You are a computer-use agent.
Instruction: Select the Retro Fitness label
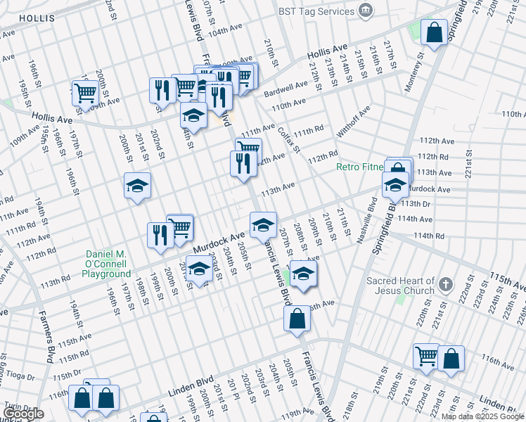point(359,167)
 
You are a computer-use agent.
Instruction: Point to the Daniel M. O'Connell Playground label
point(108,264)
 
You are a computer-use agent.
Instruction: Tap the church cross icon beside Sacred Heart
point(444,285)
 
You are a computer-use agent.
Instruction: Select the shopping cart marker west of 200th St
point(85,92)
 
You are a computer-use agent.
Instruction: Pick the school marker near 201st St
point(138,186)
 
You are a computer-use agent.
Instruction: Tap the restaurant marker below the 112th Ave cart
point(243,164)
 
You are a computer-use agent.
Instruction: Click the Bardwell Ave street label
point(286,89)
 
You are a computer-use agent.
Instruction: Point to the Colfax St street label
point(289,140)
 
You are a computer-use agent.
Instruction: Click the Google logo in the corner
point(23,414)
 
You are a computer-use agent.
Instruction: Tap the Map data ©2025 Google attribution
point(482,416)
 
